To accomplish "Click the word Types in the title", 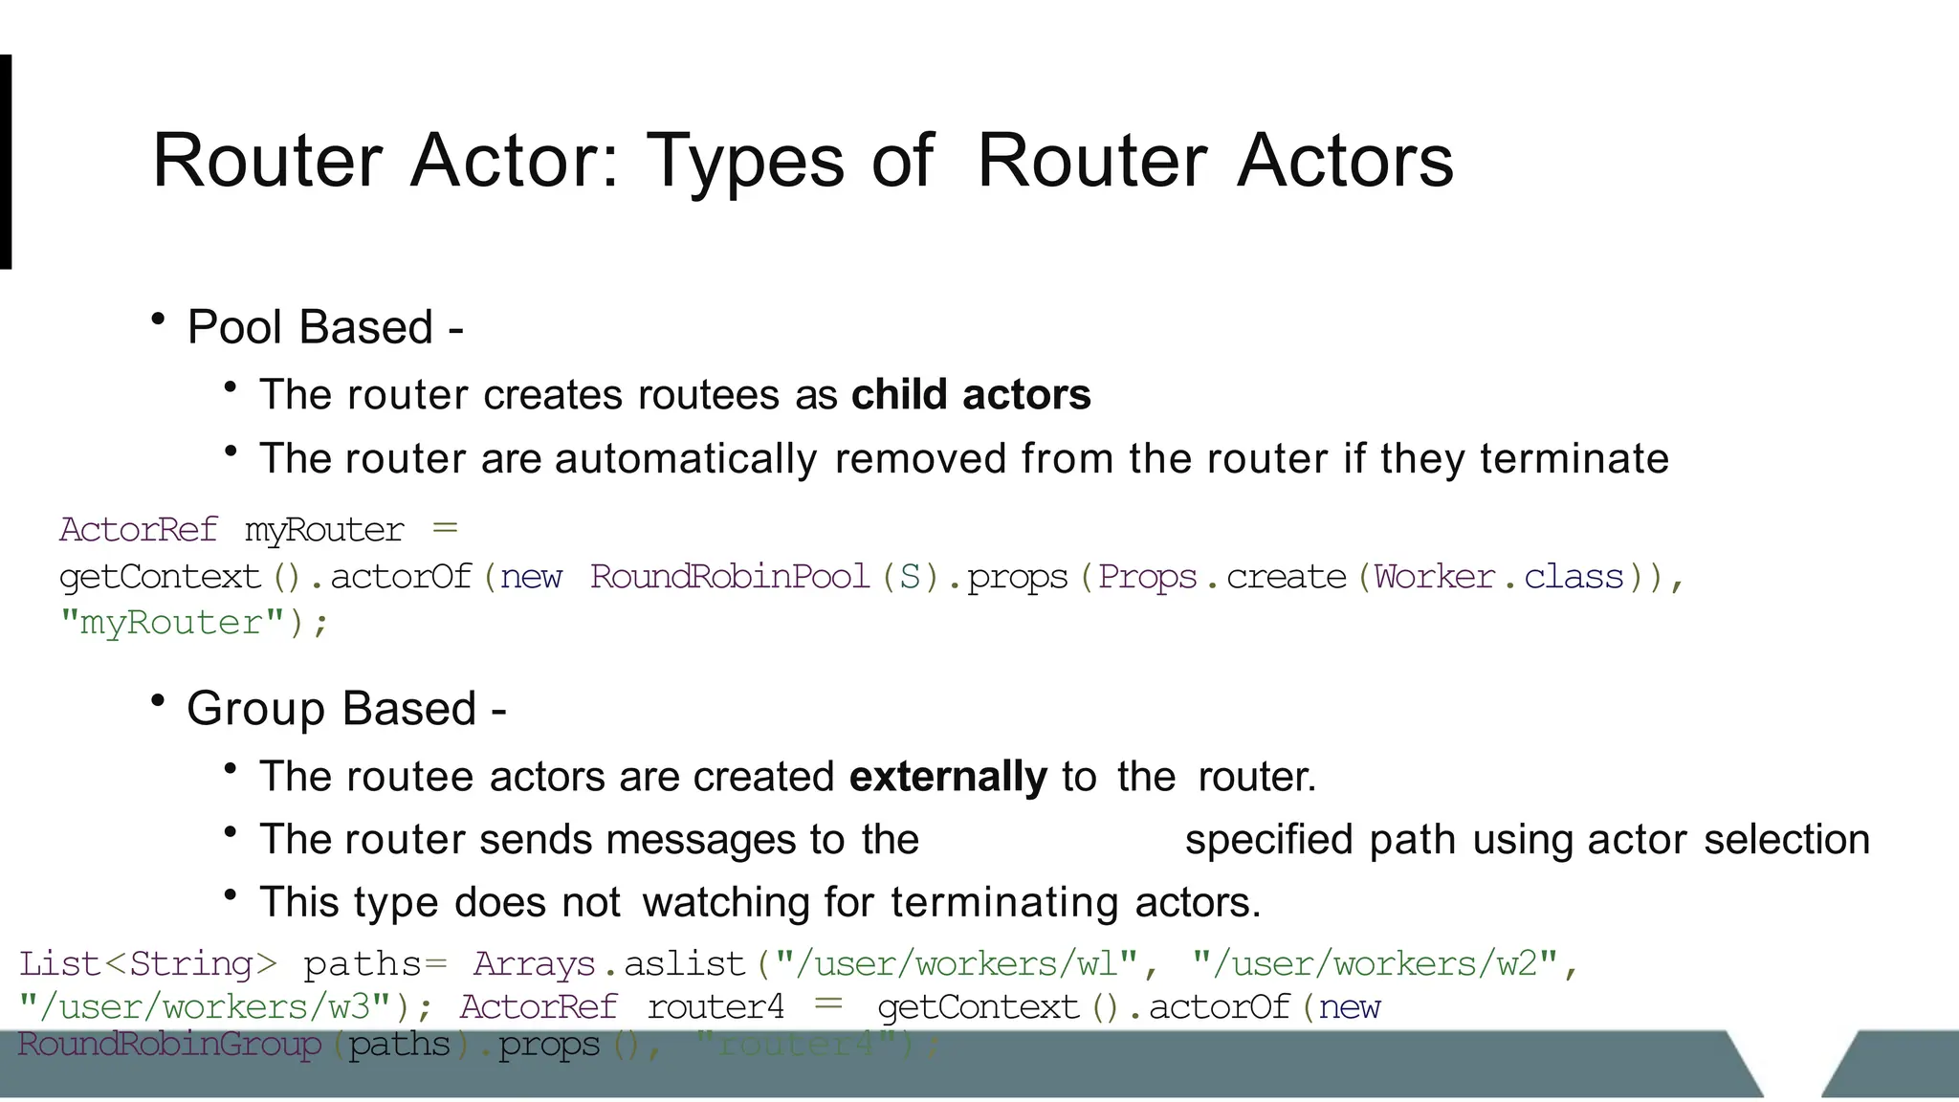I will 745,162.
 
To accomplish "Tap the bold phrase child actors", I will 971,394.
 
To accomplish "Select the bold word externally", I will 948,776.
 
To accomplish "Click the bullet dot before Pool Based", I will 159,320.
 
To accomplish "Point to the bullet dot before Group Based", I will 159,701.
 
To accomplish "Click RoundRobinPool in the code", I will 729,577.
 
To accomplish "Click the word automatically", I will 685,458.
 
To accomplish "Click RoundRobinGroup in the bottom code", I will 169,1044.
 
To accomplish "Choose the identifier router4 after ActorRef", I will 715,1006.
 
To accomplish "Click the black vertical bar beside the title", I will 6,162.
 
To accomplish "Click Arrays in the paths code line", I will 534,963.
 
